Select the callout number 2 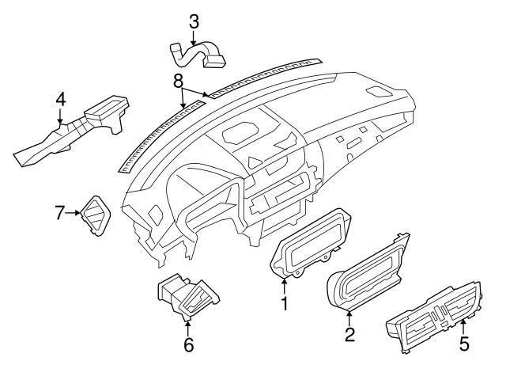(x=349, y=335)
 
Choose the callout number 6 (x=187, y=345)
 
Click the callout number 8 (x=179, y=80)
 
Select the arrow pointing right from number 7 (x=79, y=212)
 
